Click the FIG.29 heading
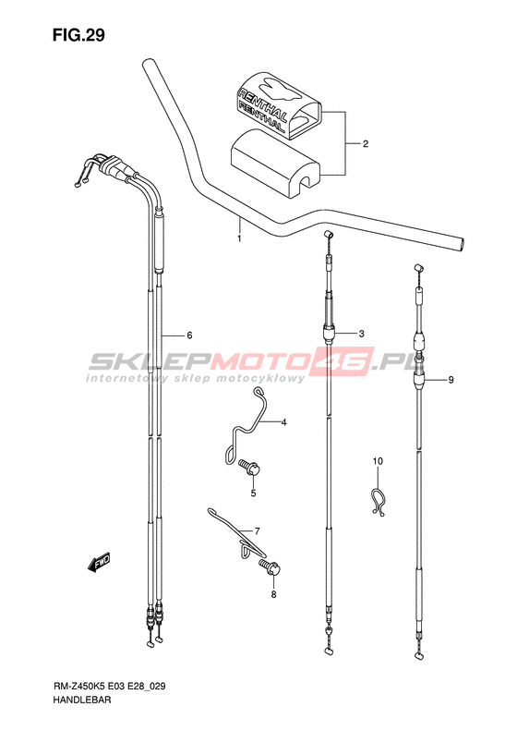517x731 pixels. [x=78, y=35]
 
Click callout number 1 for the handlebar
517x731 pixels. [x=239, y=238]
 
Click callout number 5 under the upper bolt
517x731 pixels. [x=189, y=335]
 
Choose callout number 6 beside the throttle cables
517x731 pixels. [x=257, y=531]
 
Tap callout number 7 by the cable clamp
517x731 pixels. [x=273, y=594]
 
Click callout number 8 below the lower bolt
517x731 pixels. [x=451, y=380]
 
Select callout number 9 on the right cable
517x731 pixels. [x=378, y=461]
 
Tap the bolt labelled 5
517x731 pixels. [x=249, y=467]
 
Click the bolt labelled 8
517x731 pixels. [x=271, y=567]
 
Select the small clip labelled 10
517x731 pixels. [x=379, y=502]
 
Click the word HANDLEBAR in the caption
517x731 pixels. [x=81, y=701]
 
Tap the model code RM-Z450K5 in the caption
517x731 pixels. [x=78, y=687]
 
